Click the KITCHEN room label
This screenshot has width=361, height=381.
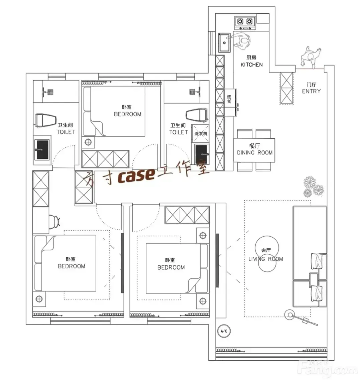(x=251, y=65)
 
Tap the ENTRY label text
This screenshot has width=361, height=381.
(x=311, y=91)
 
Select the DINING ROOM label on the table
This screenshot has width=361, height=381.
(x=254, y=153)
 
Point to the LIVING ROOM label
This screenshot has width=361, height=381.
(x=265, y=259)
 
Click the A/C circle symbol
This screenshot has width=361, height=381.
(x=224, y=331)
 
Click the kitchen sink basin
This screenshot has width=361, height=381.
(x=224, y=43)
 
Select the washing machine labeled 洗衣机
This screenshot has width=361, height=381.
(x=200, y=133)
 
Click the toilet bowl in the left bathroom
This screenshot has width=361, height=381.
(x=46, y=120)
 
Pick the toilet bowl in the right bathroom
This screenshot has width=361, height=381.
(x=197, y=114)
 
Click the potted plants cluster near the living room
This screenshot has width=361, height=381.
(x=314, y=186)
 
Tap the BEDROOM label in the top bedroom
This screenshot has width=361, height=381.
(x=128, y=114)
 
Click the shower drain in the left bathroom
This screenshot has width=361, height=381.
(x=50, y=92)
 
